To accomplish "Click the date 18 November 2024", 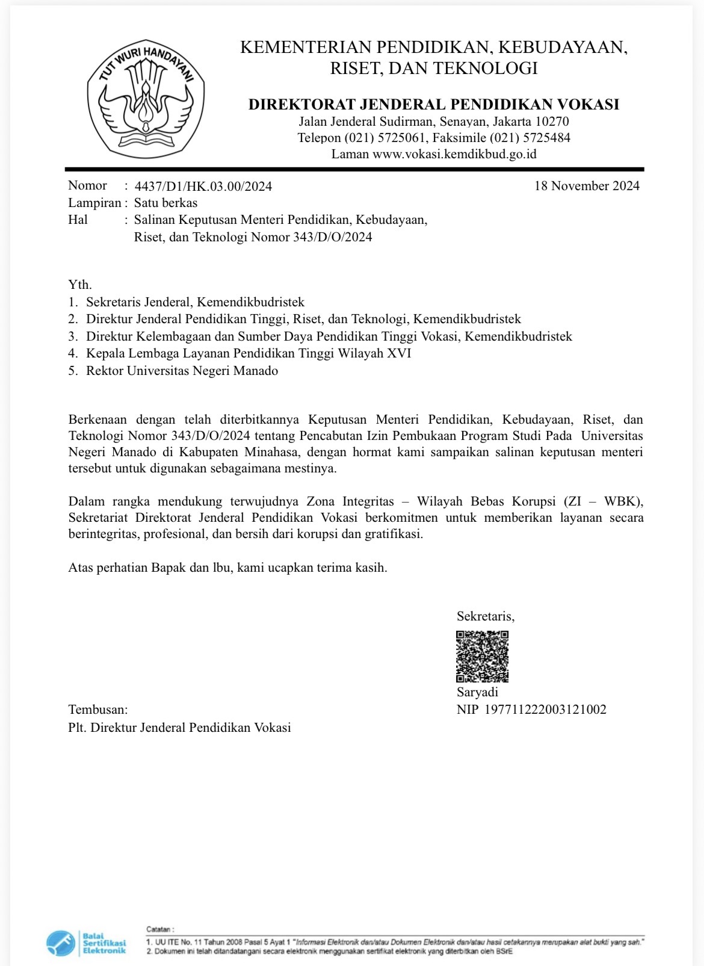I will pyautogui.click(x=587, y=185).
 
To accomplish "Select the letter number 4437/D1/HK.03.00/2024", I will pyautogui.click(x=203, y=186).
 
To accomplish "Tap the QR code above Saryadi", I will pyautogui.click(x=482, y=656).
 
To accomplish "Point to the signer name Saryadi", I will pyautogui.click(x=477, y=692).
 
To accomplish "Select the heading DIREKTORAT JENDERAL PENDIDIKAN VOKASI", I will pyautogui.click(x=433, y=104).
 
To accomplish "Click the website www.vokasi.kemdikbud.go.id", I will pyautogui.click(x=454, y=154).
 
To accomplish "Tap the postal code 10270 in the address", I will pyautogui.click(x=552, y=122).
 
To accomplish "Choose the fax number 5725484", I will pyautogui.click(x=548, y=138).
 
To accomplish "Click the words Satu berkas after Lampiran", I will pyautogui.click(x=165, y=203).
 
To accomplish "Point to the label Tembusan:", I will pyautogui.click(x=98, y=710).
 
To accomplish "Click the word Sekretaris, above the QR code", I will pyautogui.click(x=486, y=616).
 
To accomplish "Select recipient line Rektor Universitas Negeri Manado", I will pyautogui.click(x=182, y=371).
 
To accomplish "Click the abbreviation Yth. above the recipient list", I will pyautogui.click(x=80, y=285).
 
